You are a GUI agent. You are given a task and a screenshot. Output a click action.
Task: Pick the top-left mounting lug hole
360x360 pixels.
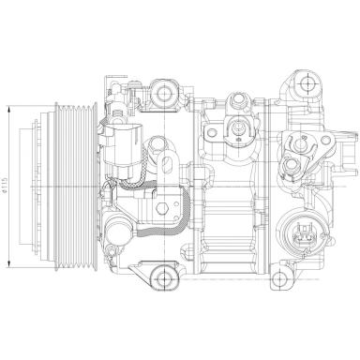tap(172, 90)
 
